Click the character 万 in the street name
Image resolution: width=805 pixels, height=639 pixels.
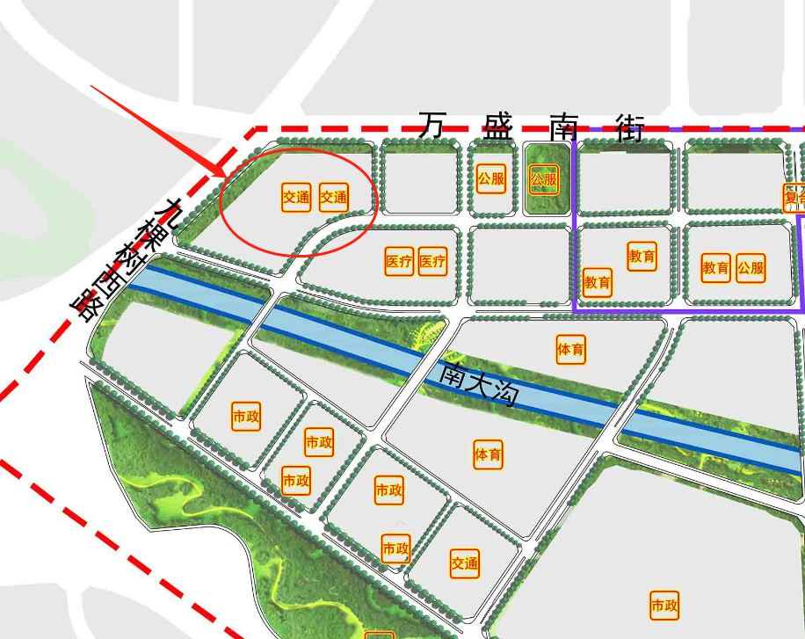[431, 125]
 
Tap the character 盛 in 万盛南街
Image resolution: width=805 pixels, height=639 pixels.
[497, 127]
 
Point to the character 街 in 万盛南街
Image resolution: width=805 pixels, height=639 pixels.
[630, 128]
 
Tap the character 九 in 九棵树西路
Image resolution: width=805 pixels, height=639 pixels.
[163, 211]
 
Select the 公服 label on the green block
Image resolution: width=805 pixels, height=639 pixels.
[544, 181]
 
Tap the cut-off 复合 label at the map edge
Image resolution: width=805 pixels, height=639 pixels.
[794, 197]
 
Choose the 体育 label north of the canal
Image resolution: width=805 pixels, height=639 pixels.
[571, 349]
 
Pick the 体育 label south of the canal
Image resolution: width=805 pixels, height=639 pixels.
[488, 454]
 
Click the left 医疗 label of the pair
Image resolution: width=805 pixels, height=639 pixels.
[399, 261]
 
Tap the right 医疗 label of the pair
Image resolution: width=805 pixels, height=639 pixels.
[432, 261]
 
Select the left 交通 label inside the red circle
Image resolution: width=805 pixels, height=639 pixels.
[296, 198]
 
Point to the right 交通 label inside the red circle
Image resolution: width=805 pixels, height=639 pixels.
[333, 198]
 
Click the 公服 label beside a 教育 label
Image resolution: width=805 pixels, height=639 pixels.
[751, 267]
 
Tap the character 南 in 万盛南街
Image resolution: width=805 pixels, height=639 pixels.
[563, 127]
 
